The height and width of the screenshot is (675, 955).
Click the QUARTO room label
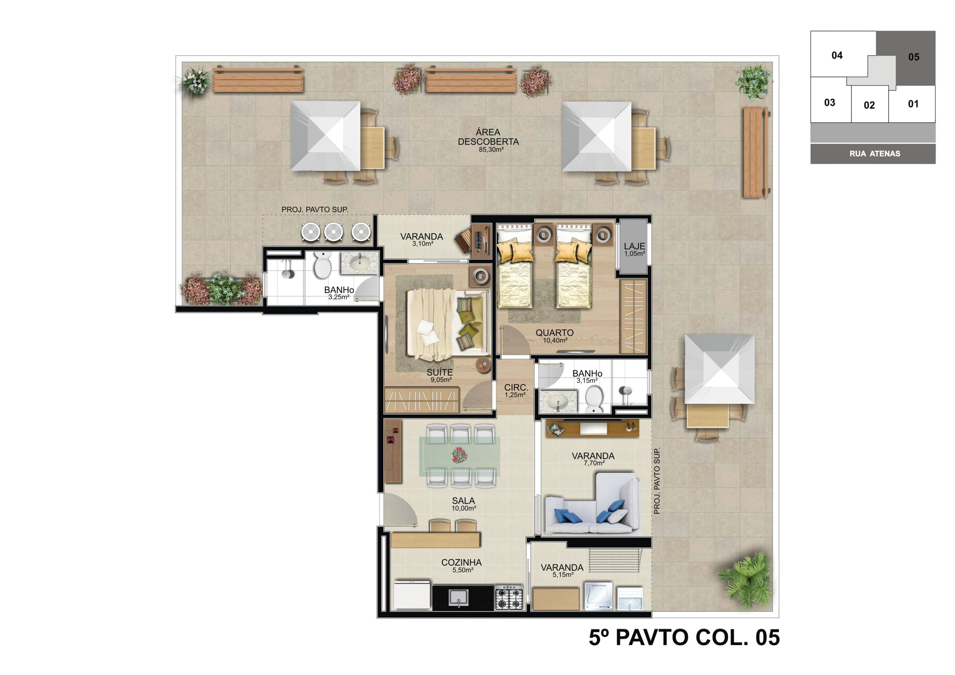pyautogui.click(x=555, y=333)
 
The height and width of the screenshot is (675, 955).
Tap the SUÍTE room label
pyautogui.click(x=440, y=372)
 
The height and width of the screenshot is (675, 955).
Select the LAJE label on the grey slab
pyautogui.click(x=635, y=246)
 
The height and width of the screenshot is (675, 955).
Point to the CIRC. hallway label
pyautogui.click(x=516, y=388)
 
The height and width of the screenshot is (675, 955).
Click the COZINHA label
pyautogui.click(x=462, y=563)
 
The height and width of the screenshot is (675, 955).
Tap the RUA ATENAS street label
pyautogui.click(x=875, y=154)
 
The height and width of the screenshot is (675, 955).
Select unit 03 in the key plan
pyautogui.click(x=830, y=102)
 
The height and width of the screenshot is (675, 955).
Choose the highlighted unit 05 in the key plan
pyautogui.click(x=906, y=58)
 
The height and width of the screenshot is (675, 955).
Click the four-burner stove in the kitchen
pyautogui.click(x=509, y=598)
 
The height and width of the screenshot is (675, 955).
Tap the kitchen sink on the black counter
pyautogui.click(x=458, y=597)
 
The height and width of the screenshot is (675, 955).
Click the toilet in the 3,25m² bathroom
pyautogui.click(x=323, y=265)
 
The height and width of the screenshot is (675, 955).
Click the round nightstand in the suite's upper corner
pyautogui.click(x=480, y=276)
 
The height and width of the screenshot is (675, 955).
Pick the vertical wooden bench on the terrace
pyautogui.click(x=756, y=152)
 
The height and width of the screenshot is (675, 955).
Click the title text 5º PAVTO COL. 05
pyautogui.click(x=684, y=638)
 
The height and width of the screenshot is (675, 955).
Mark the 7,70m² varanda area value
pyautogui.click(x=594, y=463)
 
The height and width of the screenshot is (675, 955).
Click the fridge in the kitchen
pyautogui.click(x=412, y=594)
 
